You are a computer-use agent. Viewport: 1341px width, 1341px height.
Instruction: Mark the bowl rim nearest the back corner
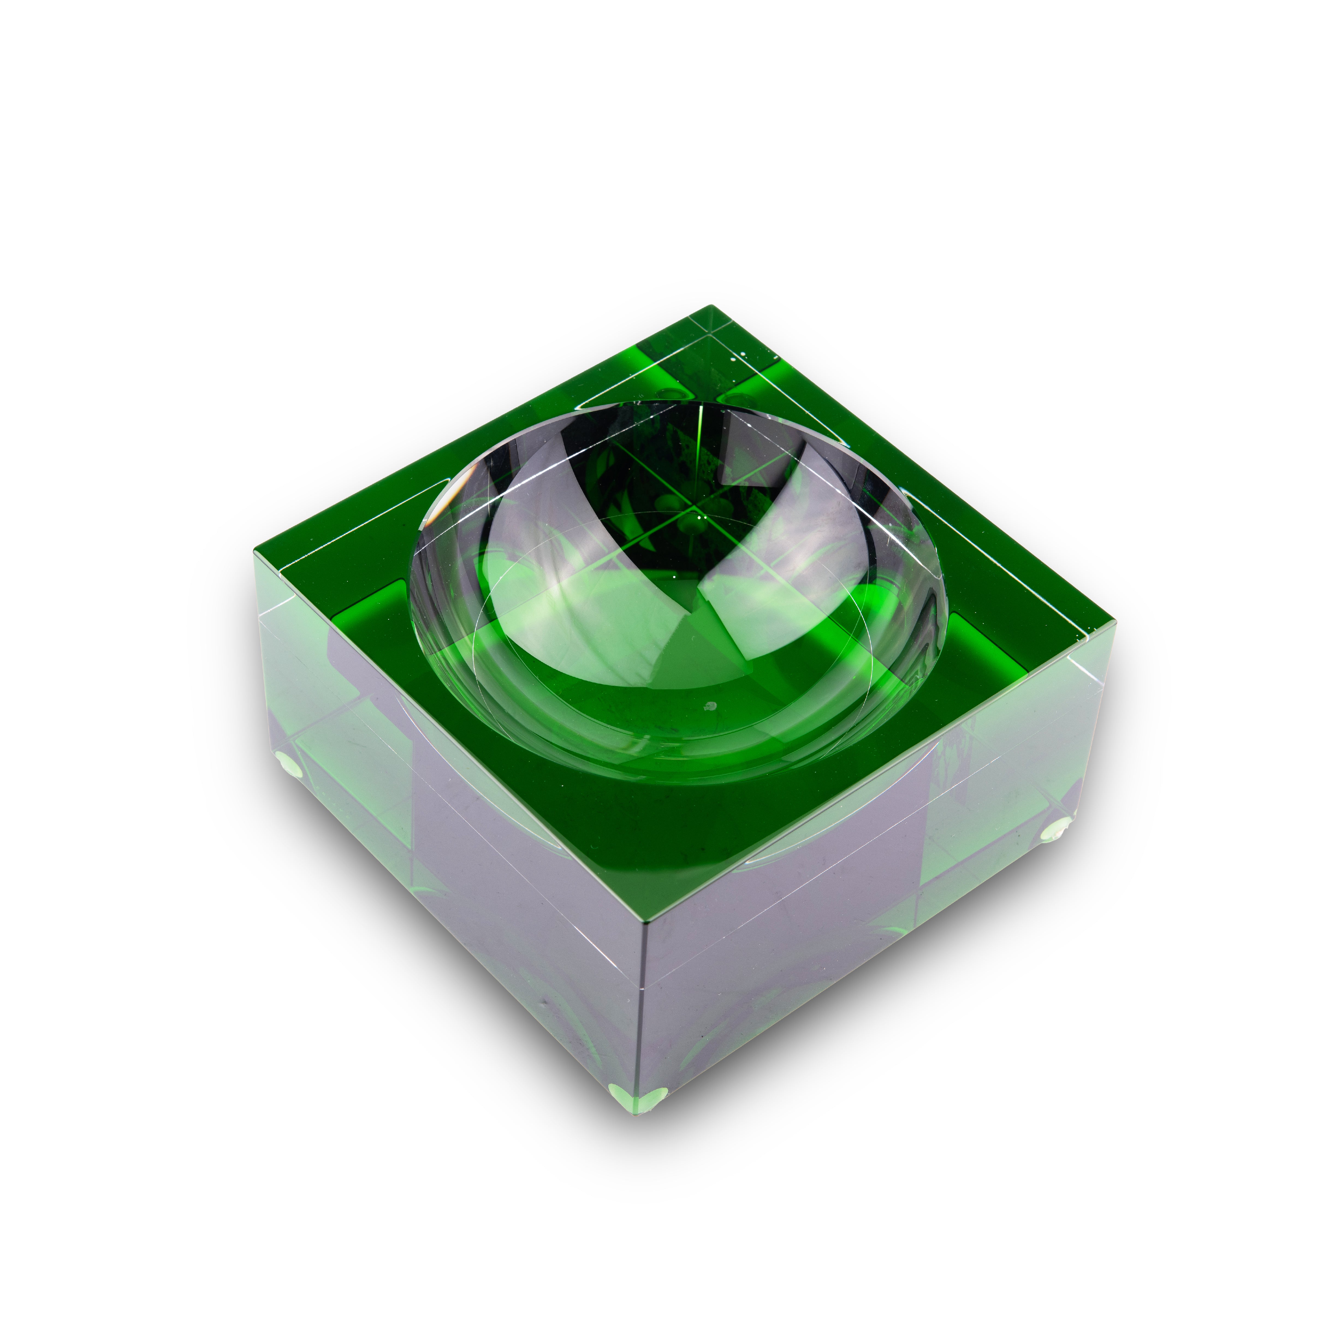694,403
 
